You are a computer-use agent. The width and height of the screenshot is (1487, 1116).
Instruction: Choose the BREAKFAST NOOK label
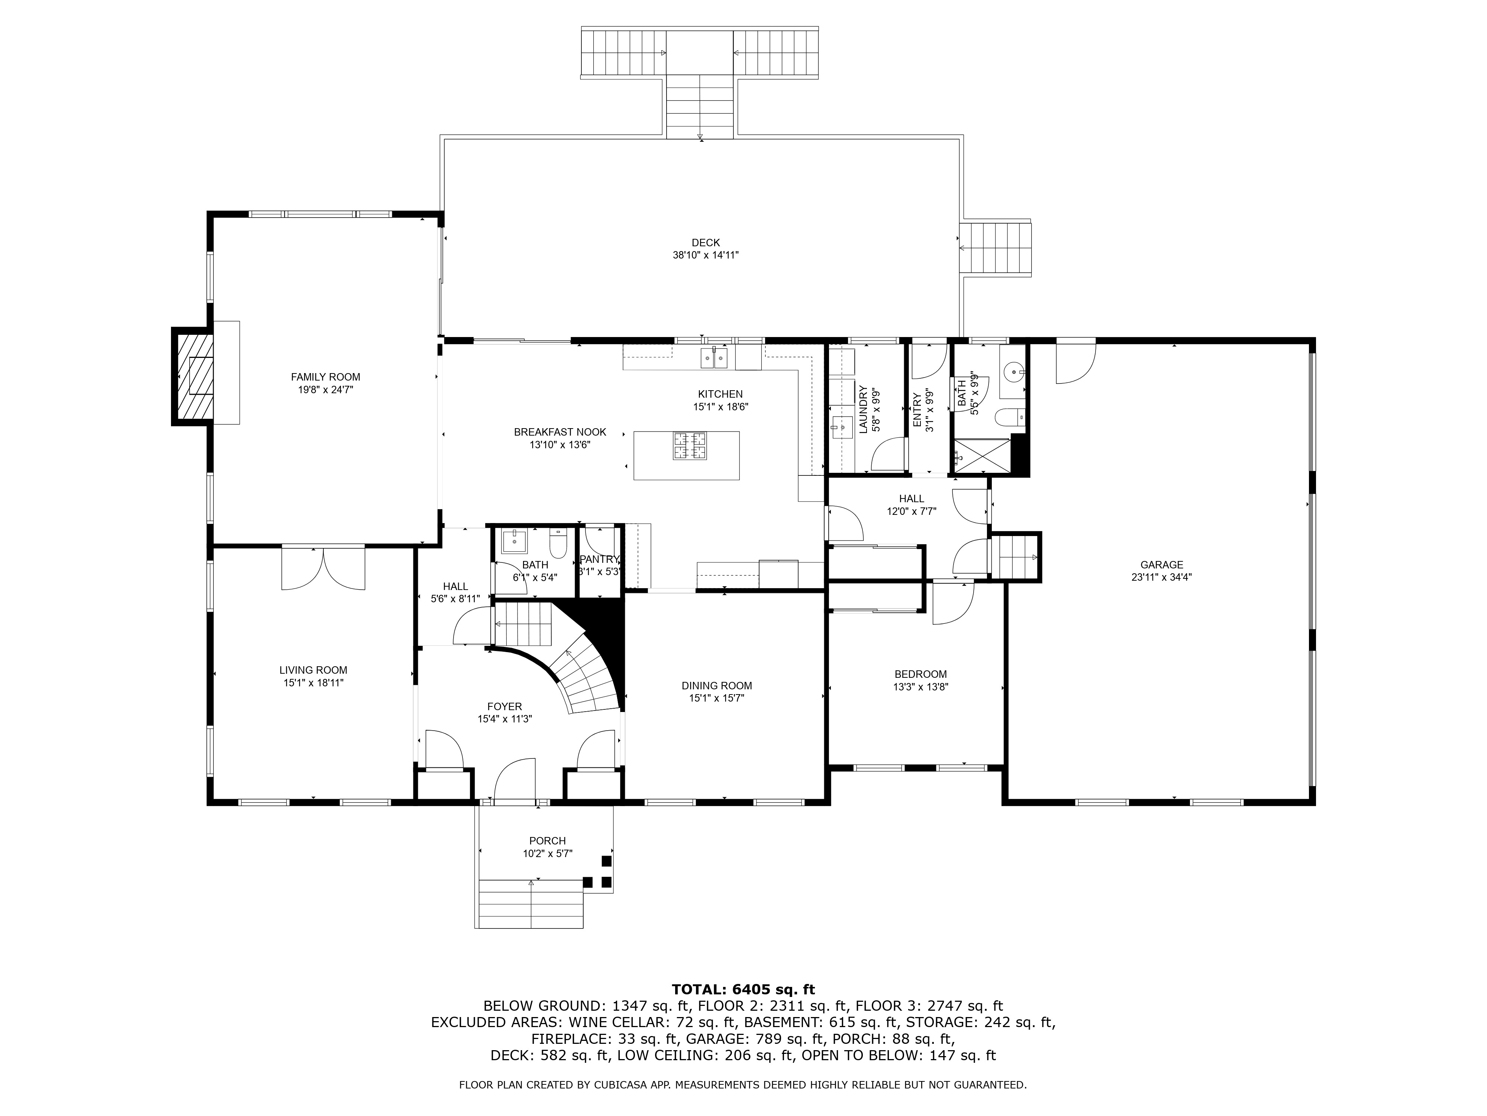tap(560, 432)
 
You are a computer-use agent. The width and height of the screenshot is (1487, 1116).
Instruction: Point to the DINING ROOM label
tap(717, 686)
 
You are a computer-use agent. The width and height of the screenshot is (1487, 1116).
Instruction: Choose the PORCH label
tap(547, 841)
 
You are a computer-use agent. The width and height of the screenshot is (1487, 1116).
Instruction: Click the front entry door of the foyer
tap(515, 780)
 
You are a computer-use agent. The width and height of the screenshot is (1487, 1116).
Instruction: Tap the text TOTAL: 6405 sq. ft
tap(743, 990)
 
